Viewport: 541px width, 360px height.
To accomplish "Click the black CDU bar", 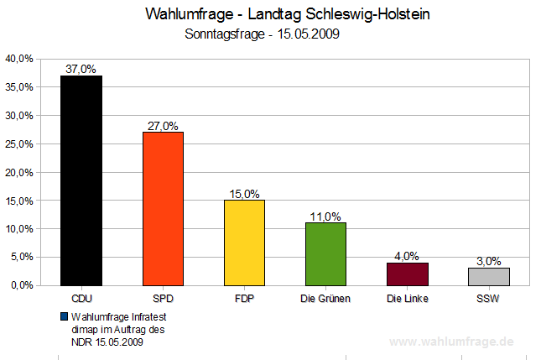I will coord(81,180).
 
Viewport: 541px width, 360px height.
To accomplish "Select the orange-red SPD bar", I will coord(163,208).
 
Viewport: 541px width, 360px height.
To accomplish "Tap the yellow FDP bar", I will coord(244,243).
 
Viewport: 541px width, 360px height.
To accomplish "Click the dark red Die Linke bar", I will coord(407,274).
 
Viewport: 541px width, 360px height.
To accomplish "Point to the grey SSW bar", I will coord(488,276).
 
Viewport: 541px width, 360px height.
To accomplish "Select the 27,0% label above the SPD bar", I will coord(163,126).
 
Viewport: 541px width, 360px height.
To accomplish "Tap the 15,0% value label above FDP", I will coord(244,194).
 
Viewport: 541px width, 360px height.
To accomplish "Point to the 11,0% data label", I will coord(325,217).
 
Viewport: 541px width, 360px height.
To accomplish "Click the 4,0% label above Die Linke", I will coord(407,256).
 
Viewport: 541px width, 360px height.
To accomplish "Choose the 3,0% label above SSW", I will coord(488,262).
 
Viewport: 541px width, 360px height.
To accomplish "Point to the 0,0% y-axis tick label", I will coord(21,285).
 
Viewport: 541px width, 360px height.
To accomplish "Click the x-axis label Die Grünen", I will coord(325,298).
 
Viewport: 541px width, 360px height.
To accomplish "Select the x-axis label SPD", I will coord(163,298).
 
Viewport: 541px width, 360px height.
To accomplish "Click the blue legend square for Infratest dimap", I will coord(64,316).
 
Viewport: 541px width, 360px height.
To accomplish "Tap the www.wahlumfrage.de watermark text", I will coord(453,342).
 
